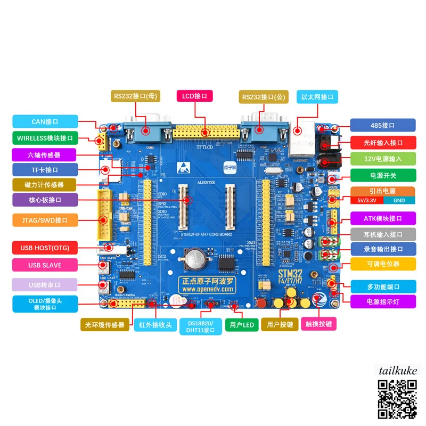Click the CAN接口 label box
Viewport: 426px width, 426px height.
tap(45, 122)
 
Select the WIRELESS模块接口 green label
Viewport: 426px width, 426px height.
tap(45, 138)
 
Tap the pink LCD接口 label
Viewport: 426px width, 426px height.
tap(195, 96)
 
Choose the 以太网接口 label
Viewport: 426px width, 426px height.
tap(317, 96)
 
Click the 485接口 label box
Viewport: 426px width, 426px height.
tap(382, 126)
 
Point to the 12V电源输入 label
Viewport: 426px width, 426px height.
tap(382, 159)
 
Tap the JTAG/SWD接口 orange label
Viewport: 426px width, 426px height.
tap(45, 219)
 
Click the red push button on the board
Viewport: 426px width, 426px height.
tap(262, 304)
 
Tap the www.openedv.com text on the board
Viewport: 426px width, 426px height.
tap(208, 289)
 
